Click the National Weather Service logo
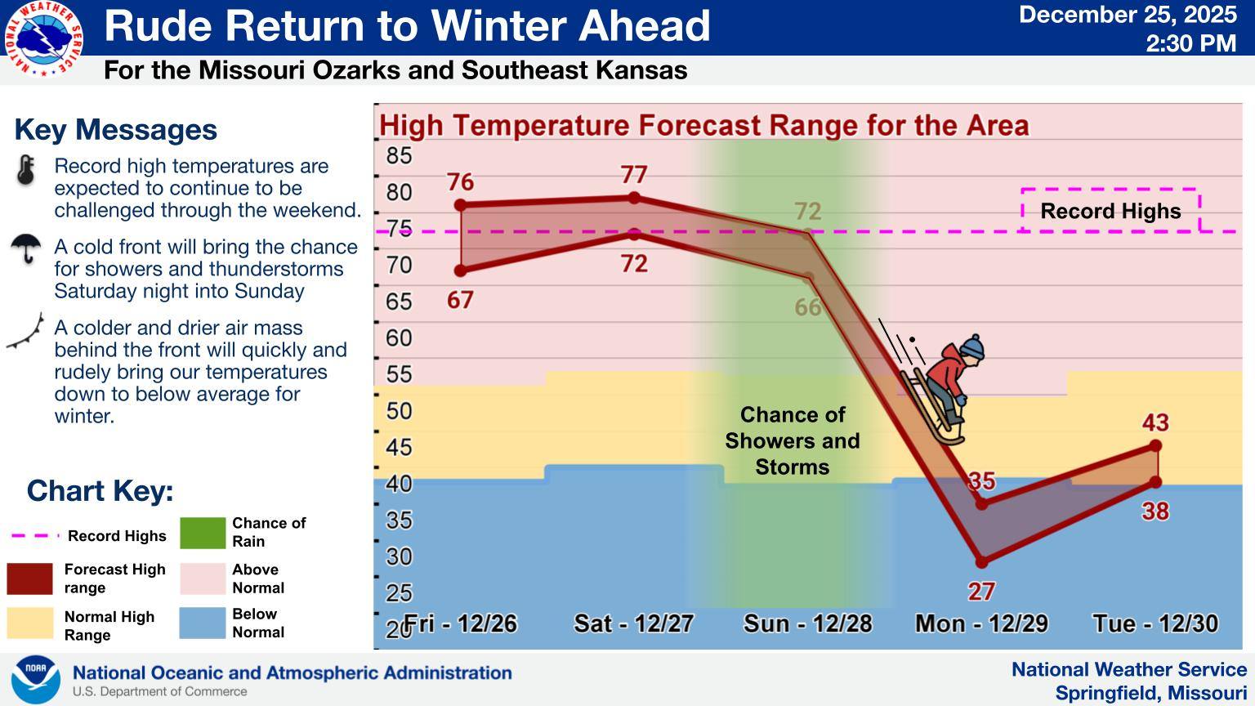(x=44, y=38)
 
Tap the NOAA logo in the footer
(x=36, y=679)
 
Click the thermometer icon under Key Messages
(x=26, y=170)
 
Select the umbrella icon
(x=26, y=248)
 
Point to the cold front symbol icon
(x=26, y=333)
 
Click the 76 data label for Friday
(x=460, y=182)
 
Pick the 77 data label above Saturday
(x=634, y=175)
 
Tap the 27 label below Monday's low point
(x=981, y=591)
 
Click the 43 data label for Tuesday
(x=1155, y=422)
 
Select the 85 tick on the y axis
(x=399, y=155)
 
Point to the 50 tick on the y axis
(x=399, y=411)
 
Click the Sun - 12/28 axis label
(x=807, y=623)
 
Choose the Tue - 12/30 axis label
(x=1155, y=623)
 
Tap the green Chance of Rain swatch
(x=203, y=533)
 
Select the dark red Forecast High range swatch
(x=29, y=579)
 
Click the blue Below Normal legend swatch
(x=203, y=623)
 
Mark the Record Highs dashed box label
(x=1110, y=211)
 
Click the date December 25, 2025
(x=1128, y=16)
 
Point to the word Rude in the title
(x=159, y=26)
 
